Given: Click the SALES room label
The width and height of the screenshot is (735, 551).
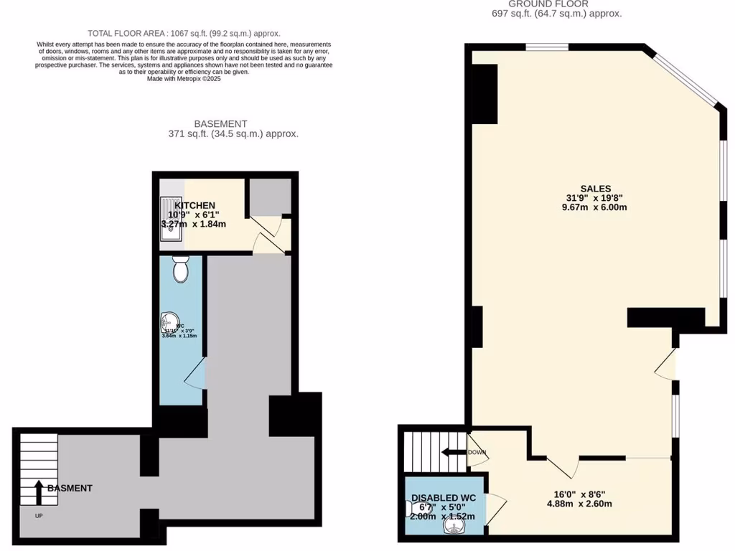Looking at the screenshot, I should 596,189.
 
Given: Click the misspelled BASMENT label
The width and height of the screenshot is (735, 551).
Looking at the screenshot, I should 70,488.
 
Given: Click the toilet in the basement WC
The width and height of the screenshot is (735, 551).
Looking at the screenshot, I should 181,270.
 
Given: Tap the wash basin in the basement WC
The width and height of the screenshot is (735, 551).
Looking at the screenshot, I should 169,323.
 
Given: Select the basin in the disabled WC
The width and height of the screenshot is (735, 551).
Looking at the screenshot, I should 453,527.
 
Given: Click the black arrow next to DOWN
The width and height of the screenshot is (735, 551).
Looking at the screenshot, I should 453,453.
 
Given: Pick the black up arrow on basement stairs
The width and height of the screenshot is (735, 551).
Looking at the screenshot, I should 38,491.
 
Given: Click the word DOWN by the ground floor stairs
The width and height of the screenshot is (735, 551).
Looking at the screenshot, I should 477,453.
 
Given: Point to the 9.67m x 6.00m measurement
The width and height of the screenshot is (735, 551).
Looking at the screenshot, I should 596,208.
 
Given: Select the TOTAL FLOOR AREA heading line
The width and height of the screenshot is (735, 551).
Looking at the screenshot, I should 184,33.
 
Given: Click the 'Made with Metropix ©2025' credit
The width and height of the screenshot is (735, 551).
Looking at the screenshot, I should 184,79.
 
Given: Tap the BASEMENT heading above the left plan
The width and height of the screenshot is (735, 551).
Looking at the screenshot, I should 220,123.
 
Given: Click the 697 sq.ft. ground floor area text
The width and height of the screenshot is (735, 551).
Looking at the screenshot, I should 556,14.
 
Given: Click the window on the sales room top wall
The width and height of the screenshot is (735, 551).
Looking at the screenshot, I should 547,48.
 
